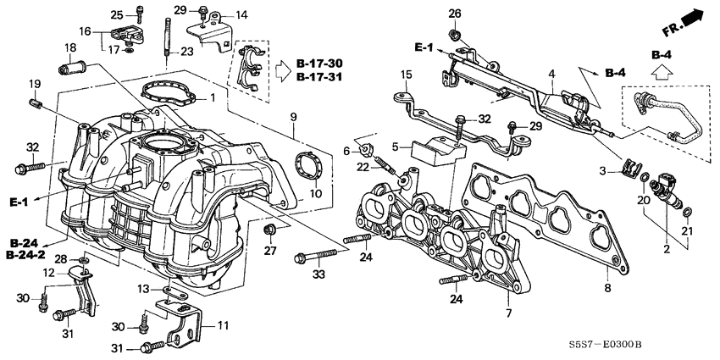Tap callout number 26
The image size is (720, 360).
coord(454,14)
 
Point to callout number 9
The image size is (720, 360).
coord(294,115)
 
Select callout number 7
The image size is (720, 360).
coord(508,314)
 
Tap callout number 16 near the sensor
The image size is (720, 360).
coord(85,30)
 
